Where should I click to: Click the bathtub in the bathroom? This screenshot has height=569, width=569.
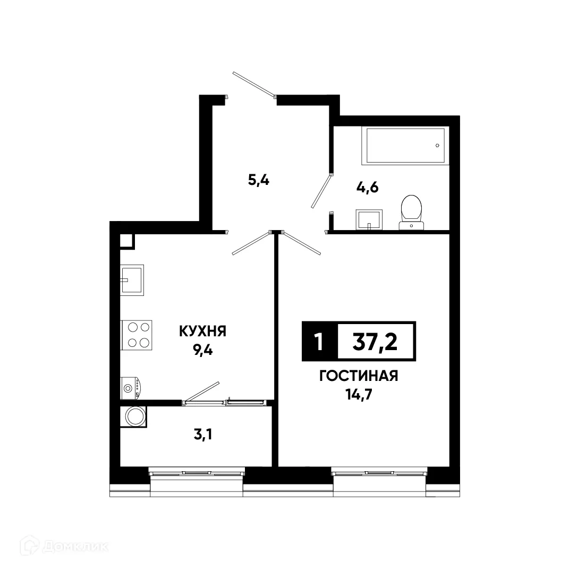point(404,146)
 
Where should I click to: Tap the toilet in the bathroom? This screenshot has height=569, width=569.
point(411,211)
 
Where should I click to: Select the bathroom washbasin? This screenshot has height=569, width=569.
point(369,219)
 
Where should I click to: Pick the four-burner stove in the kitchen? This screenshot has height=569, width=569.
point(137,335)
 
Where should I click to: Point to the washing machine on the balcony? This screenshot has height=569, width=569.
point(134,416)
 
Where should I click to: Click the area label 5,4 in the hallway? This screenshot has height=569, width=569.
point(259,181)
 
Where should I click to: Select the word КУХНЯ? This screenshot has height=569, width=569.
point(203,332)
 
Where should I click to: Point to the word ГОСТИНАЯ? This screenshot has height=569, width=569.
point(359,377)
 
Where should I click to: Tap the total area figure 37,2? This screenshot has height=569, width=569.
point(375,341)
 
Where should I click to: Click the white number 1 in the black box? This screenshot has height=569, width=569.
point(319,342)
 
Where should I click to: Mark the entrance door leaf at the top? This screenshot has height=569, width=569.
point(253,84)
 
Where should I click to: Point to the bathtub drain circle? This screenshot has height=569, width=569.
point(437,146)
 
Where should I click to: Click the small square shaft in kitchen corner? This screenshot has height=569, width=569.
point(126,241)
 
